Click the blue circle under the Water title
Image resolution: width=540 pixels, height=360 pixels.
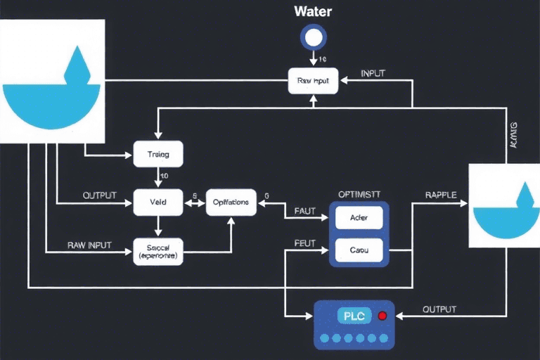312,37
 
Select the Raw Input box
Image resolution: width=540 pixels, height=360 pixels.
314,81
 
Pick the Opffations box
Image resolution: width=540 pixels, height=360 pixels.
230,202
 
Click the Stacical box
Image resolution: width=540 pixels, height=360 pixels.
157,252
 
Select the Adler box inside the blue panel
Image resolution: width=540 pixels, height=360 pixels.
359,218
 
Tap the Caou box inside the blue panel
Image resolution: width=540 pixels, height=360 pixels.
359,249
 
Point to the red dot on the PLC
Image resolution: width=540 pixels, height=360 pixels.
382,316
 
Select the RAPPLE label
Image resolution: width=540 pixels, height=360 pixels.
442,193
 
